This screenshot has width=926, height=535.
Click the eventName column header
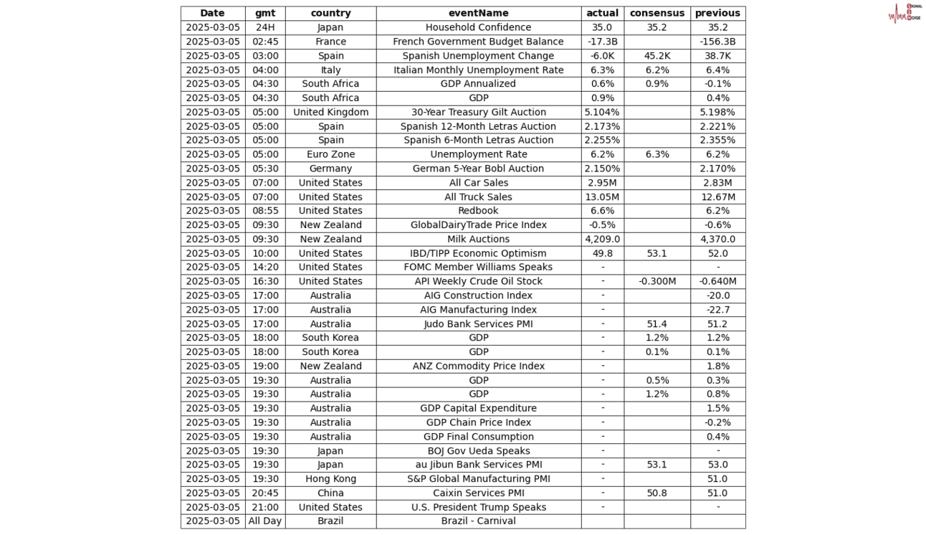[x=478, y=13]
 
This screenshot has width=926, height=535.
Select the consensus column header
[x=657, y=13]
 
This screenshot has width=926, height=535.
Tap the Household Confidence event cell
[x=478, y=27]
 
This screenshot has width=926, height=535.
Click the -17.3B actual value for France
[x=602, y=42]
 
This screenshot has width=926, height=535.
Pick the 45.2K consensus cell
[x=657, y=56]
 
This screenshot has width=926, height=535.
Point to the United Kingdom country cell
[x=330, y=112]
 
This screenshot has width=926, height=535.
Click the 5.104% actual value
[x=602, y=112]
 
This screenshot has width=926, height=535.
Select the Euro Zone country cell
[x=330, y=154]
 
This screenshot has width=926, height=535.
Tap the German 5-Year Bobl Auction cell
[x=478, y=169]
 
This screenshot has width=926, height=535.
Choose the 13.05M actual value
[x=602, y=197]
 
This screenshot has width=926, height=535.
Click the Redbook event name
[x=478, y=211]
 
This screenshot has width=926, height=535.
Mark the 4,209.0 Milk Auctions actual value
[x=602, y=239]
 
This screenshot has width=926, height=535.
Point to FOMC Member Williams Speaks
[x=478, y=267]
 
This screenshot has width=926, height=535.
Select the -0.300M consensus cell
[x=657, y=281]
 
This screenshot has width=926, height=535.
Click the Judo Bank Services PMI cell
[x=478, y=323]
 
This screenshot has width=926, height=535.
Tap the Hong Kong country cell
[x=330, y=478]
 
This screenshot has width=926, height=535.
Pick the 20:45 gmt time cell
[x=264, y=493]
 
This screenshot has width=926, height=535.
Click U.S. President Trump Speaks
[x=478, y=507]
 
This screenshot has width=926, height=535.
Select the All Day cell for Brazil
[x=264, y=521]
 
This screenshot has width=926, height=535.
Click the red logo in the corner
[x=904, y=13]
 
